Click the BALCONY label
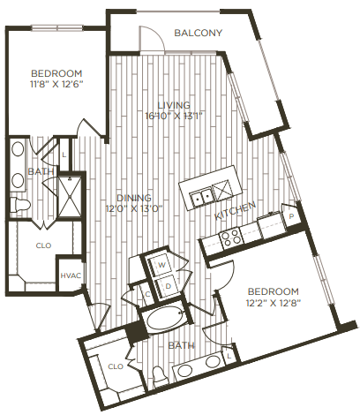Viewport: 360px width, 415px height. pyautogui.click(x=198, y=34)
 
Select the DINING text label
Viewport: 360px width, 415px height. pyautogui.click(x=134, y=197)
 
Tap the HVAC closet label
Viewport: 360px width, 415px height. pyautogui.click(x=71, y=275)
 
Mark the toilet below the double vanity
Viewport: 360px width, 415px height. pyautogui.click(x=25, y=205)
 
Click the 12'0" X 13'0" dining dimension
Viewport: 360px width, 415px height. pyautogui.click(x=133, y=209)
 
